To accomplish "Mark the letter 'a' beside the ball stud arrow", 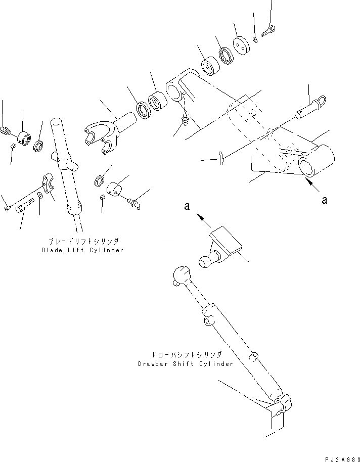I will [187, 207].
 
